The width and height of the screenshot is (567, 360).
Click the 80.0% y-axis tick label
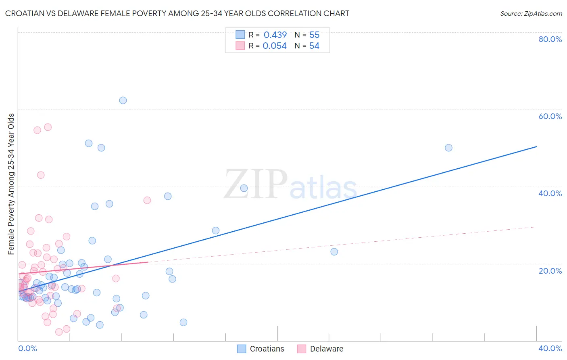[550, 39]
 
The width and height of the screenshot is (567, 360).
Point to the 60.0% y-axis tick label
[550, 116]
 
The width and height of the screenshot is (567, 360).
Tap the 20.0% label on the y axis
[550, 270]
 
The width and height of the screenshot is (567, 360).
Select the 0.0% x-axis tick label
[27, 348]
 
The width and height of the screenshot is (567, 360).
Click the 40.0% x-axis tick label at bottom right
[550, 348]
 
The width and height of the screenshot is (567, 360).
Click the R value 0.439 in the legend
[275, 35]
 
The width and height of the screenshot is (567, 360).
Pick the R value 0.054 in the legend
[275, 46]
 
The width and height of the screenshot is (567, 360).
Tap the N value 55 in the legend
[314, 35]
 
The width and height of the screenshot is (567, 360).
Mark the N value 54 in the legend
[314, 46]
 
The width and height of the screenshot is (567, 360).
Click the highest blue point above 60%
[123, 100]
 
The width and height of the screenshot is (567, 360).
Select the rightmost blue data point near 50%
[448, 148]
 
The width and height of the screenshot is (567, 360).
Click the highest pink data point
[48, 127]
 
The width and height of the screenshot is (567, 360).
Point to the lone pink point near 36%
[147, 201]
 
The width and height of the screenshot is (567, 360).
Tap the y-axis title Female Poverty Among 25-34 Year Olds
[11, 184]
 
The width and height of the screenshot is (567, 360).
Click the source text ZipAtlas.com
[531, 14]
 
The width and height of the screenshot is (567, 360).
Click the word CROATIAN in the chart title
[25, 13]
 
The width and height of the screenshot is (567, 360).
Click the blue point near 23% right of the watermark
[334, 252]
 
